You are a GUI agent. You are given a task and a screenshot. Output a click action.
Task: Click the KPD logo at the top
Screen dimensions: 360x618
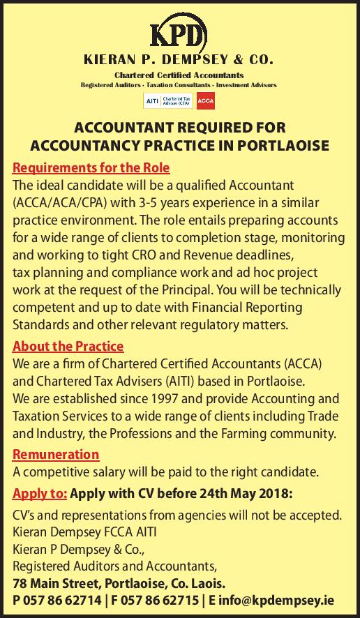click(179, 36)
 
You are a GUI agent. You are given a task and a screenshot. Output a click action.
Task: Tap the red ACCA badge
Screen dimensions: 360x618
click(206, 102)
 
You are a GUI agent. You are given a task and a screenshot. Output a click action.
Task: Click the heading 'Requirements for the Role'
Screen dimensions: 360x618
click(91, 168)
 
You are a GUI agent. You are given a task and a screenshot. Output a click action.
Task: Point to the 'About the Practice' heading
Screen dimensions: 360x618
click(68, 346)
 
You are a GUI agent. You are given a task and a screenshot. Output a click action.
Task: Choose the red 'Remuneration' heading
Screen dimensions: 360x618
click(56, 454)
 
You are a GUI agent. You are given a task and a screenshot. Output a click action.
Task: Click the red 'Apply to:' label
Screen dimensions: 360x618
click(40, 495)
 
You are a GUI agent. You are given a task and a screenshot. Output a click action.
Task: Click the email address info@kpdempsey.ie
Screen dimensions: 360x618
click(282, 600)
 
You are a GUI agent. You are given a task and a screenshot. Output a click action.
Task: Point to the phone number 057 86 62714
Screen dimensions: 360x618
click(60, 600)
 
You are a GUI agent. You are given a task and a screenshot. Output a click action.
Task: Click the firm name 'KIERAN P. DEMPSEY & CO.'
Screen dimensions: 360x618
click(179, 61)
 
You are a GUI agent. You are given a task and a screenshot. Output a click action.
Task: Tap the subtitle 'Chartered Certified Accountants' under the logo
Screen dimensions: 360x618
click(179, 75)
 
